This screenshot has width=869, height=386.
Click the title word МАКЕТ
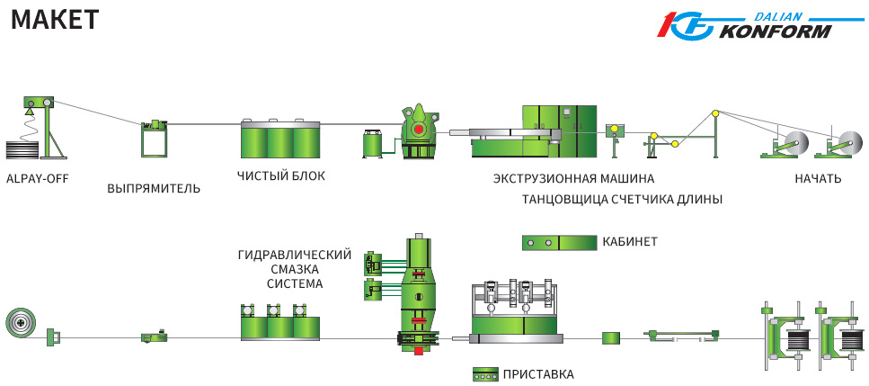pos(54,20)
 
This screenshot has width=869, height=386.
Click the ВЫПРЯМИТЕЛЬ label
pos(154,189)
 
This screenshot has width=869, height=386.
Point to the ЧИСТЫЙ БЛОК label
pos(281,175)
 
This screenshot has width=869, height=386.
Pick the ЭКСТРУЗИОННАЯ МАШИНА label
pos(573,178)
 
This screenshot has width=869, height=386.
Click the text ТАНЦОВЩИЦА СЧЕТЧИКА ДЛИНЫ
pos(622,199)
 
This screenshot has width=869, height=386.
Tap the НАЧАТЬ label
pos(818,178)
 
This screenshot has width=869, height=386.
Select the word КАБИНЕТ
pos(630,242)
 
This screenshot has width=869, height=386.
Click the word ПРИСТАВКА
pos(538,373)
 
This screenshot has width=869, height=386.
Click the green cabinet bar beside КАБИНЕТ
pos(560,242)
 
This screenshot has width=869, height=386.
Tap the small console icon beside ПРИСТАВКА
pos(485,373)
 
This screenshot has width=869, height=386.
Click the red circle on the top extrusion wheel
pos(418,130)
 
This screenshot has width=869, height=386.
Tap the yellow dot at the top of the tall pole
pos(715,113)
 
